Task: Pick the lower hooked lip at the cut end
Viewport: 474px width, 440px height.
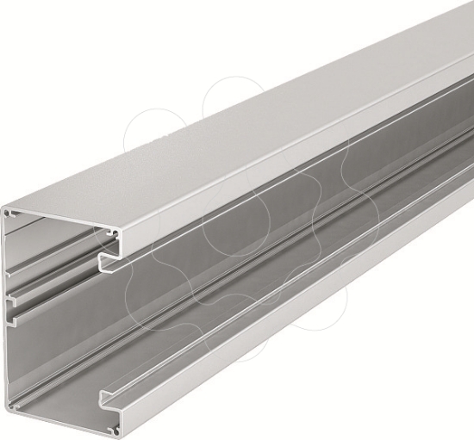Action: pos(104,399)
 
